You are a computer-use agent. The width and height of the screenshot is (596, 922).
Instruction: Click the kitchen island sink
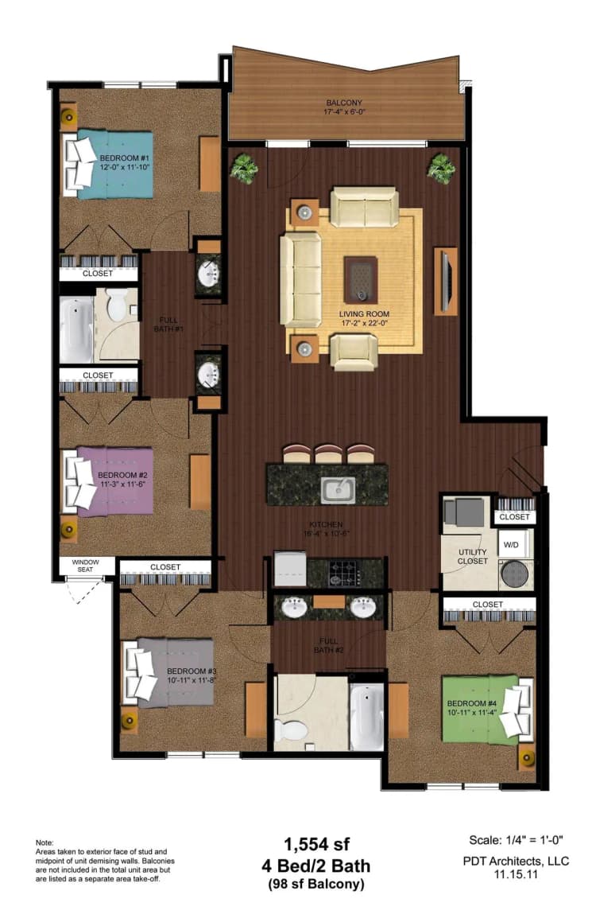[336, 489]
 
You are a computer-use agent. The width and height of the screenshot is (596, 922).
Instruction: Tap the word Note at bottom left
[45, 842]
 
